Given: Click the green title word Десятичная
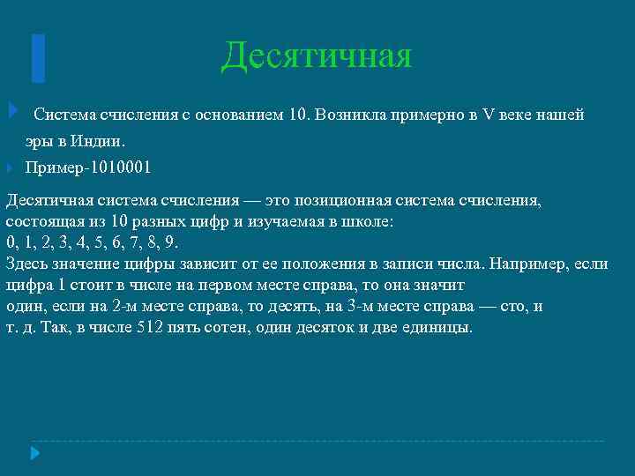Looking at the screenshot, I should [x=317, y=55].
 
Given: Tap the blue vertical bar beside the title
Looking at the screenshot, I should [x=38, y=57].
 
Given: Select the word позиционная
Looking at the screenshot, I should [x=341, y=200].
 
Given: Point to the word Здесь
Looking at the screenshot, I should [x=28, y=264].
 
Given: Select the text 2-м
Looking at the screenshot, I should [x=126, y=306].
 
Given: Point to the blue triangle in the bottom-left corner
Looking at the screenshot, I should [x=35, y=453].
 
